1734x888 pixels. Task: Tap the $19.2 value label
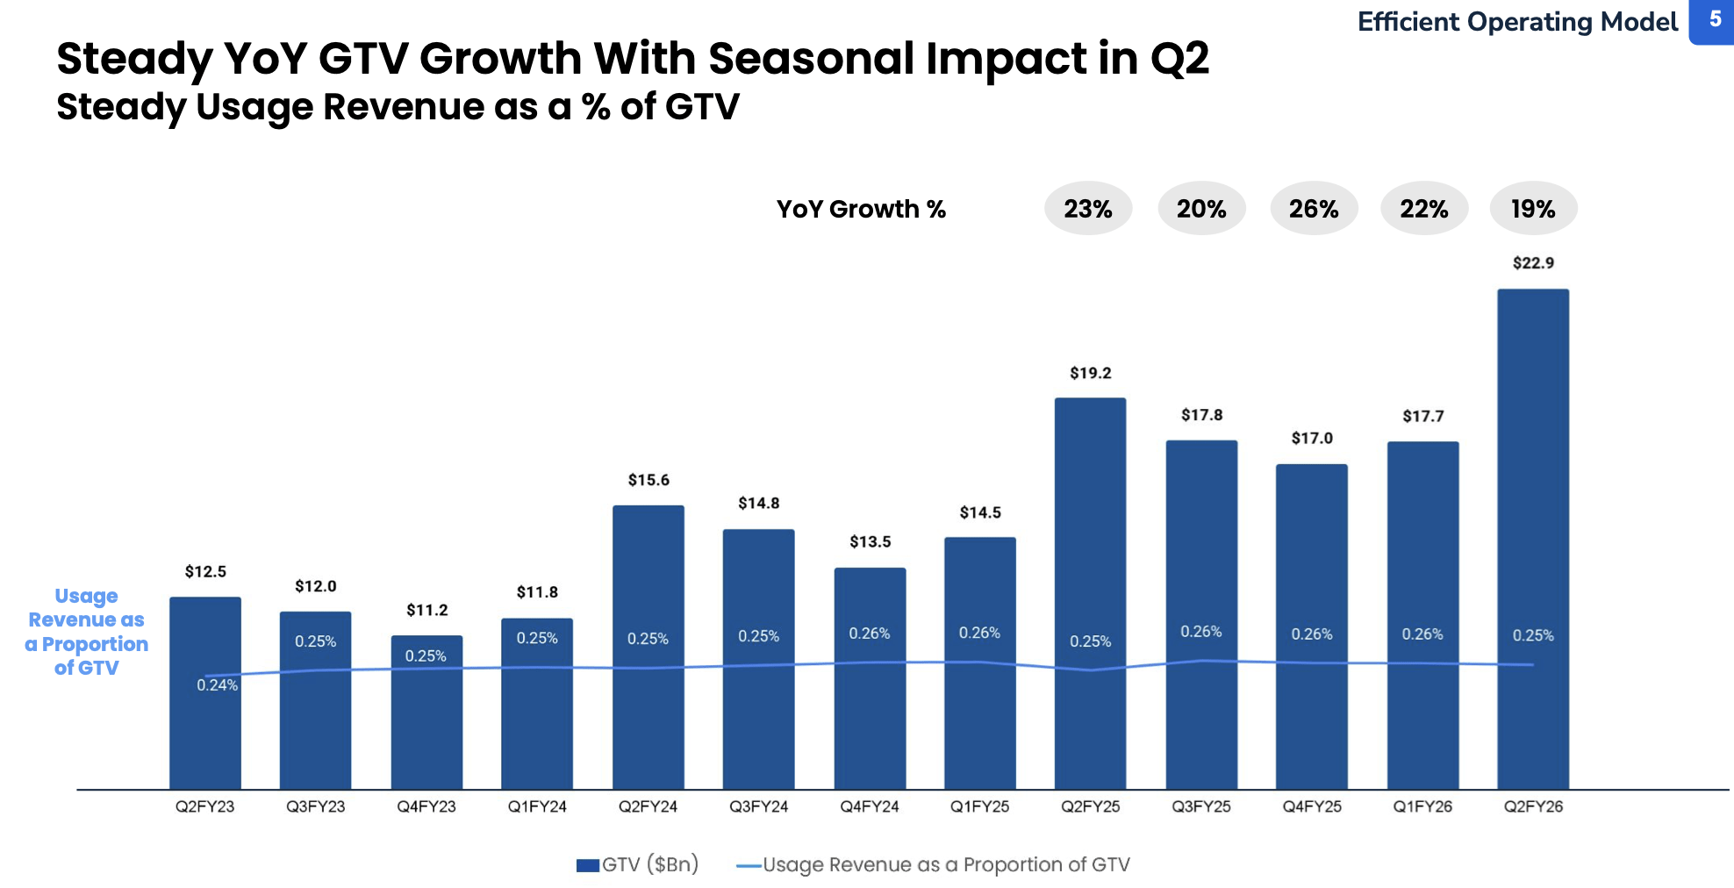1090,373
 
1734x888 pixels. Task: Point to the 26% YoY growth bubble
1314,209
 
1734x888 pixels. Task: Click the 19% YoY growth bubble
1532,209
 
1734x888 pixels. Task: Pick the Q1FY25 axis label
979,806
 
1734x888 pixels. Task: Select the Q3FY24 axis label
758,806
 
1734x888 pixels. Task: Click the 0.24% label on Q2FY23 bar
217,685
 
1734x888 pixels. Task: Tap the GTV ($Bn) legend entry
638,864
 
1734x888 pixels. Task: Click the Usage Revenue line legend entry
934,864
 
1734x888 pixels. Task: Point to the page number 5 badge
1714,20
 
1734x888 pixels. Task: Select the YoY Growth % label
861,209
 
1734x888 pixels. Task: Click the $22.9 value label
1532,262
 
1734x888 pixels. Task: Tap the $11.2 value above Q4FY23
426,610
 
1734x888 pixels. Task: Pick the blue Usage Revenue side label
86,632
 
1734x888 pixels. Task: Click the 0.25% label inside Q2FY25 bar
1090,641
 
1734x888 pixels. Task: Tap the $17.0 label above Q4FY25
1311,438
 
